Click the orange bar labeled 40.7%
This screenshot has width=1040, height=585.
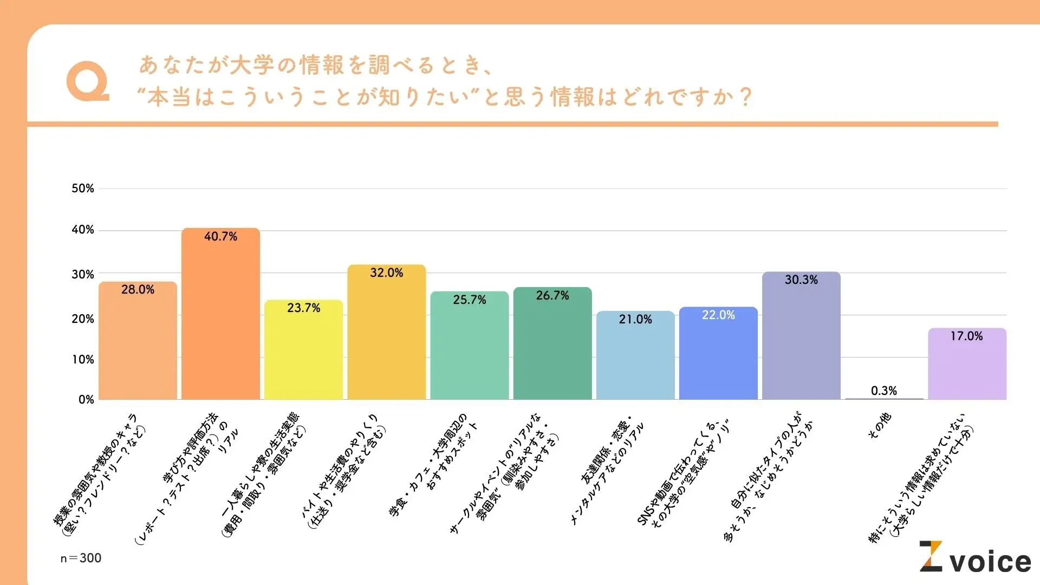[220, 320]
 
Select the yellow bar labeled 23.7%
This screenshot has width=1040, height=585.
[303, 355]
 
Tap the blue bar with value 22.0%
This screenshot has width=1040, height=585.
[718, 357]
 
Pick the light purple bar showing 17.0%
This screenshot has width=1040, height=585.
[967, 368]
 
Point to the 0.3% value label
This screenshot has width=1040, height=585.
[884, 391]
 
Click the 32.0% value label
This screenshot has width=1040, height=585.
[386, 273]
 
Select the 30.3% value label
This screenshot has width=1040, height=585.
[801, 280]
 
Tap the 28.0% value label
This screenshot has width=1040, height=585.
[138, 290]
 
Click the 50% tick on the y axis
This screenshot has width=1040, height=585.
[83, 188]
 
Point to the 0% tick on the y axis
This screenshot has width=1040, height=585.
[86, 400]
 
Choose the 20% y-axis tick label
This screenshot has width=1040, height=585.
[83, 319]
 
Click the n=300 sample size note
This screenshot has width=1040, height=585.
[81, 558]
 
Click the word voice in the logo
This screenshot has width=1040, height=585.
[991, 562]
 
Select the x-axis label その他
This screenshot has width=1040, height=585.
[880, 426]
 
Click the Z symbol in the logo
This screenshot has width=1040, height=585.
[931, 556]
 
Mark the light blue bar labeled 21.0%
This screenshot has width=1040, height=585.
[635, 360]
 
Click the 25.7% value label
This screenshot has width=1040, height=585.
[470, 300]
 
